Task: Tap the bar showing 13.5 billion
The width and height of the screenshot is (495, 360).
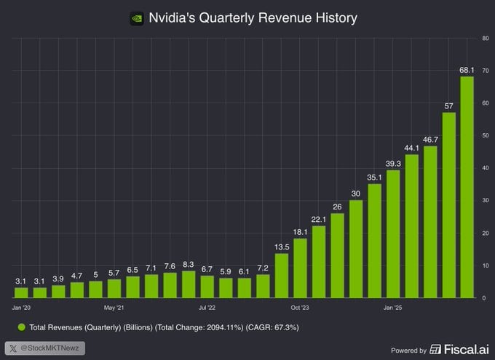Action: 281,276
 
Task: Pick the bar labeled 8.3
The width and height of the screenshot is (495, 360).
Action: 188,284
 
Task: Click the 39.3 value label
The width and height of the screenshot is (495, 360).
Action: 393,163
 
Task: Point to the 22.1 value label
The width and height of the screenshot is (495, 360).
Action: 318,219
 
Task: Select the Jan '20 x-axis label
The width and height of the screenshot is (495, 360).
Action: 22,308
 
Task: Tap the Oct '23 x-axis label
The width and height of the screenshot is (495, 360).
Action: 300,308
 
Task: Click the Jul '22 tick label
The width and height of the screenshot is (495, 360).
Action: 207,308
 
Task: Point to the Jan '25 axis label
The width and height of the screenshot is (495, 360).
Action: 393,308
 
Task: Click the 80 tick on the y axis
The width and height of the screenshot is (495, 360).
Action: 485,38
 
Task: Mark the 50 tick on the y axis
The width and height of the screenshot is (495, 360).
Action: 485,135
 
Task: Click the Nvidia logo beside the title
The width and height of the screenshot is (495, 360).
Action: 136,17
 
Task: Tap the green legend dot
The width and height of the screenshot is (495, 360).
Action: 21,328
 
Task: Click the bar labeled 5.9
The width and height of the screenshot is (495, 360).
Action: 226,288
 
